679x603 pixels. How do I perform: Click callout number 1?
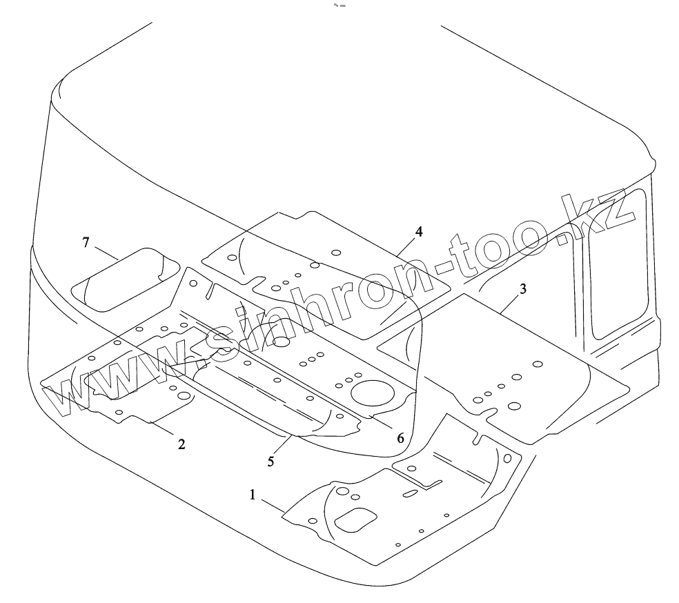pos(253,495)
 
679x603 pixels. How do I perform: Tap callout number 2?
pos(181,444)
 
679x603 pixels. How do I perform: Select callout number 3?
pos(522,289)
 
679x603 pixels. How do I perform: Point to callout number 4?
pos(418,231)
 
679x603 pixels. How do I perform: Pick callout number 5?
pos(271,461)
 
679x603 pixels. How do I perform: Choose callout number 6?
pos(400,437)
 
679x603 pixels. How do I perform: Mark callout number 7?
pos(86,242)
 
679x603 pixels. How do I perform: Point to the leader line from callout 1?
pos(272,505)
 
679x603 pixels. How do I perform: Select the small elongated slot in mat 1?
pos(409,493)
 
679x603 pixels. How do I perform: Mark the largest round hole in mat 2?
pos(184,396)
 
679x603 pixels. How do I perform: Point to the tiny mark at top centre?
pos(339,6)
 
